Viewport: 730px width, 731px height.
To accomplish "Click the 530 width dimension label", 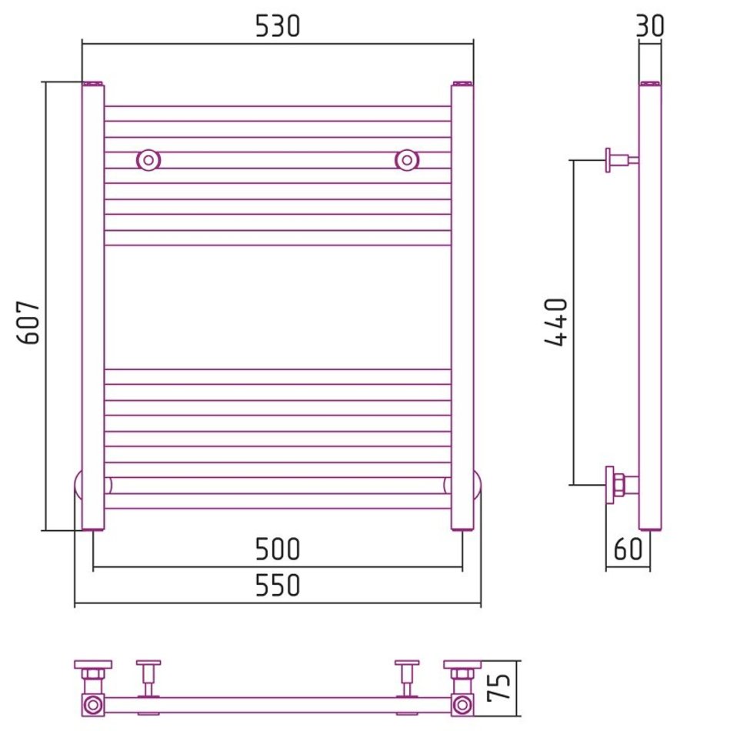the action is (x=278, y=26).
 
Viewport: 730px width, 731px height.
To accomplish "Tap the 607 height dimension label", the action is (x=28, y=322).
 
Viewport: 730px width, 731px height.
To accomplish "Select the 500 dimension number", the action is (x=278, y=549).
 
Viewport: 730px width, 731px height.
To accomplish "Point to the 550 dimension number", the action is (x=278, y=586).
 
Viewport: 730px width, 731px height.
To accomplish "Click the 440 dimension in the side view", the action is (x=555, y=322).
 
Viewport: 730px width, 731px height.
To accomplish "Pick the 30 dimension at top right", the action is (x=650, y=26).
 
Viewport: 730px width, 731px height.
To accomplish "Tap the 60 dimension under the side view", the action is (x=628, y=549).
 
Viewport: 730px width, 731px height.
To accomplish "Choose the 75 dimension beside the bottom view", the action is (x=498, y=688).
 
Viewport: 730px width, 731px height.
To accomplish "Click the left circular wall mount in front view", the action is (x=148, y=160).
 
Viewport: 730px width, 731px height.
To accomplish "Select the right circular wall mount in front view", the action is (x=407, y=160).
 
